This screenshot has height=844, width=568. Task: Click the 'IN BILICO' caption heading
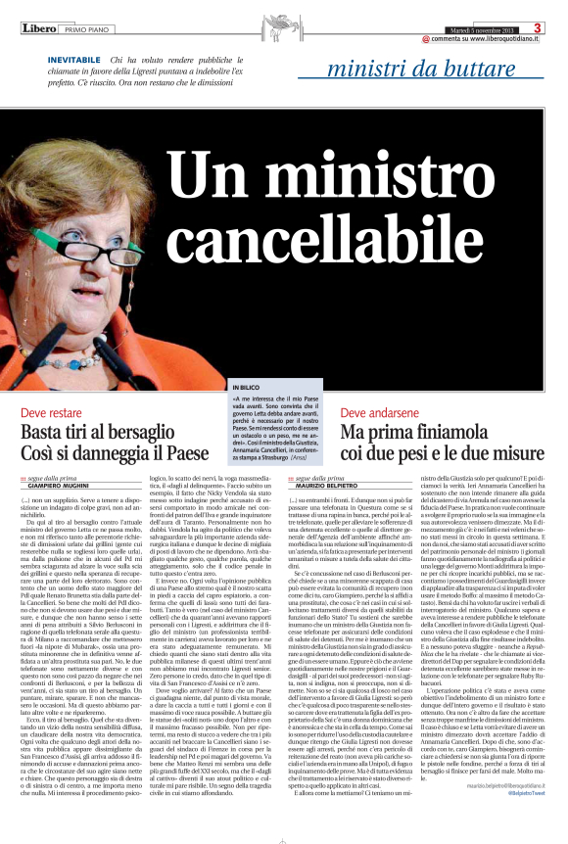pyautogui.click(x=248, y=389)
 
